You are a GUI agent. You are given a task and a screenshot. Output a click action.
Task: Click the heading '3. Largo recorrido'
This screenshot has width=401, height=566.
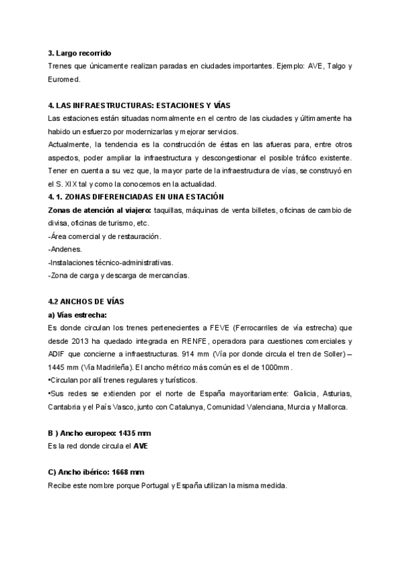click(x=80, y=53)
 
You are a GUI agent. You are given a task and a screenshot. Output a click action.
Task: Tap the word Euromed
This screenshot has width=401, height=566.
click(x=64, y=79)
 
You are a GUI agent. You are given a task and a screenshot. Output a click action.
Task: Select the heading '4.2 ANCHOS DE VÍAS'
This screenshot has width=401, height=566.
click(x=86, y=301)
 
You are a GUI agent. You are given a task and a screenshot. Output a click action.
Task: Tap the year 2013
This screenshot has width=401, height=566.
click(x=79, y=340)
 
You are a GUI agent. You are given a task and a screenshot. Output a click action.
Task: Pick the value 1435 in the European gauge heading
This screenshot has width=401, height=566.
click(x=128, y=432)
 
